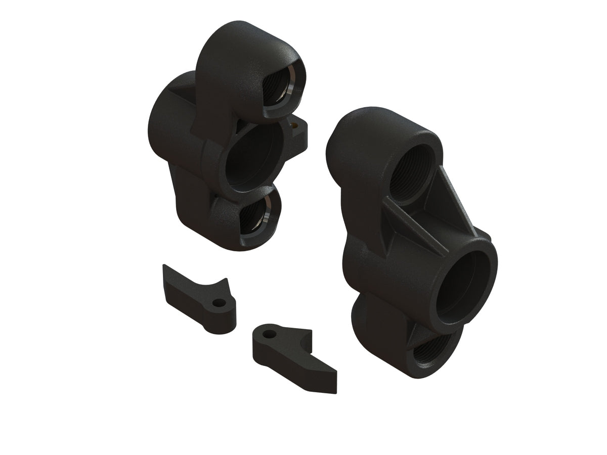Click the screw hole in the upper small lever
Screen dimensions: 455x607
[218, 303]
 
